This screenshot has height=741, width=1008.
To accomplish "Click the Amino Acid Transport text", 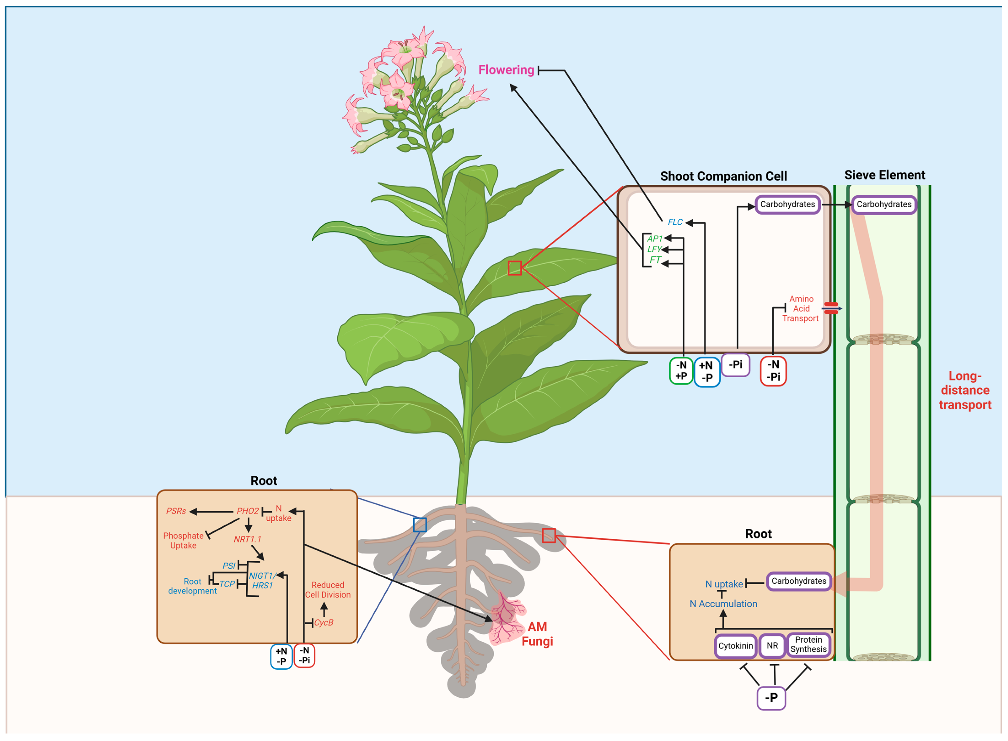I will tap(801, 309).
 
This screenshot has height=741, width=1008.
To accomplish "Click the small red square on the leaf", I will tap(515, 268).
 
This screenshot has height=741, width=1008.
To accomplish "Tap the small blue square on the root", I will tap(420, 525).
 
